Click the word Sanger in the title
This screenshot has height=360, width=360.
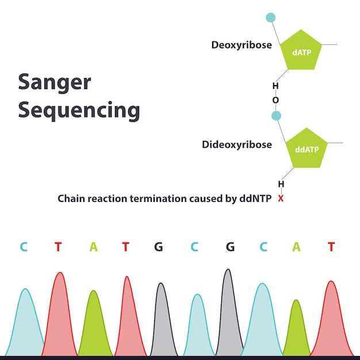click(x=55, y=82)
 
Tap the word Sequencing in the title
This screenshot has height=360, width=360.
click(x=79, y=109)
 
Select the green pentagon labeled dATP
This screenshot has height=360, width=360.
click(x=301, y=52)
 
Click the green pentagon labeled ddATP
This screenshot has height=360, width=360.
click(x=307, y=148)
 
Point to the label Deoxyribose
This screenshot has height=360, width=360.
click(x=242, y=45)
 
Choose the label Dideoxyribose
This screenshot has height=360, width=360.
click(x=237, y=144)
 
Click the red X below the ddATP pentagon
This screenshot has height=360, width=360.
click(x=281, y=198)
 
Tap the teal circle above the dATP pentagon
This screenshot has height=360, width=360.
click(x=271, y=17)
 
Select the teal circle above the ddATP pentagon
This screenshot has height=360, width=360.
click(x=277, y=116)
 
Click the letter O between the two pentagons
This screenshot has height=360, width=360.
click(x=275, y=100)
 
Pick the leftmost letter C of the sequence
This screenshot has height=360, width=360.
click(x=24, y=247)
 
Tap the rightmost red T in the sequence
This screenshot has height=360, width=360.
click(x=331, y=247)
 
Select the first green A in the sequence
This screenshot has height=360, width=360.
click(x=94, y=247)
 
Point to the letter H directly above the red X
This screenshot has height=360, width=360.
click(x=281, y=184)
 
